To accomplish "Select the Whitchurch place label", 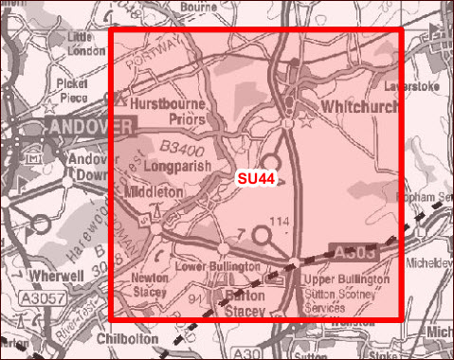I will [359, 107].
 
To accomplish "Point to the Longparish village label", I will [178, 165].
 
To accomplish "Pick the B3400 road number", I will [184, 146].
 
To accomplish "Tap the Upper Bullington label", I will [345, 280].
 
